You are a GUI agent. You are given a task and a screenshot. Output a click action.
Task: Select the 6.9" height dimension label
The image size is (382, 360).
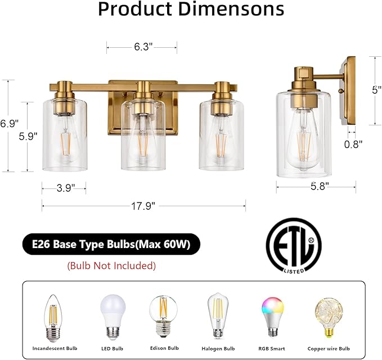9,123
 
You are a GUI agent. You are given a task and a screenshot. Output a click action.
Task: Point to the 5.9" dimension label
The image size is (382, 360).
28,136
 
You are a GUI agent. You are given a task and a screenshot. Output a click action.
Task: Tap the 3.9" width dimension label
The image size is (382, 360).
65,188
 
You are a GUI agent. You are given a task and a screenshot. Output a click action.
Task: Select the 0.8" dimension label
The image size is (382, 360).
353,143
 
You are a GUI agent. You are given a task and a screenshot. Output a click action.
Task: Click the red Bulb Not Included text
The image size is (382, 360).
111,265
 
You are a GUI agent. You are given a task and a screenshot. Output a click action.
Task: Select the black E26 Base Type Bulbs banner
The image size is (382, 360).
111,245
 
